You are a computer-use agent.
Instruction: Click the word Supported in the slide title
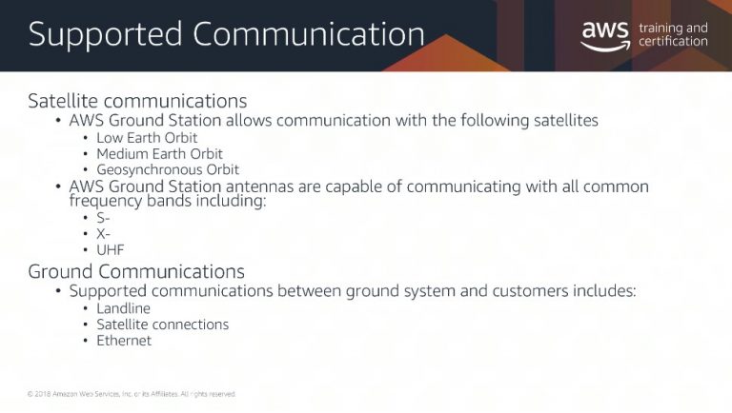click(105, 35)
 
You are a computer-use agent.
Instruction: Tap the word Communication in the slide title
click(309, 33)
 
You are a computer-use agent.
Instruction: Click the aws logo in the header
click(605, 36)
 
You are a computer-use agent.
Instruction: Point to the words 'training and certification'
click(673, 34)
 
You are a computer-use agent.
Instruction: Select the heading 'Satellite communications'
click(137, 101)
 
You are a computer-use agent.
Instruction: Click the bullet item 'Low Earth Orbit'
click(147, 138)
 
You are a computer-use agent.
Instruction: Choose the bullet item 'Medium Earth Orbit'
click(159, 154)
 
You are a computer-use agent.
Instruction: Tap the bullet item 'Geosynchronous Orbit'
click(168, 169)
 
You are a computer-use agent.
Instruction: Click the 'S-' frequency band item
click(103, 218)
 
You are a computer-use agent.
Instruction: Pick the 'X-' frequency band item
click(103, 234)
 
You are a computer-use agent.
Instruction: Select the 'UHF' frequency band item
click(111, 250)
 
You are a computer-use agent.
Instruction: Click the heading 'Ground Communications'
click(136, 271)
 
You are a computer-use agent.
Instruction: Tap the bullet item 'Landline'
click(123, 308)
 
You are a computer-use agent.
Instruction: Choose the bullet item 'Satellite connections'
click(162, 324)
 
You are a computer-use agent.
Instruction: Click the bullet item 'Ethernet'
click(124, 341)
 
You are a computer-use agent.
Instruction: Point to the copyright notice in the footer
click(132, 394)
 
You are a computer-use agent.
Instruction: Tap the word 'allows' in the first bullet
click(249, 120)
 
